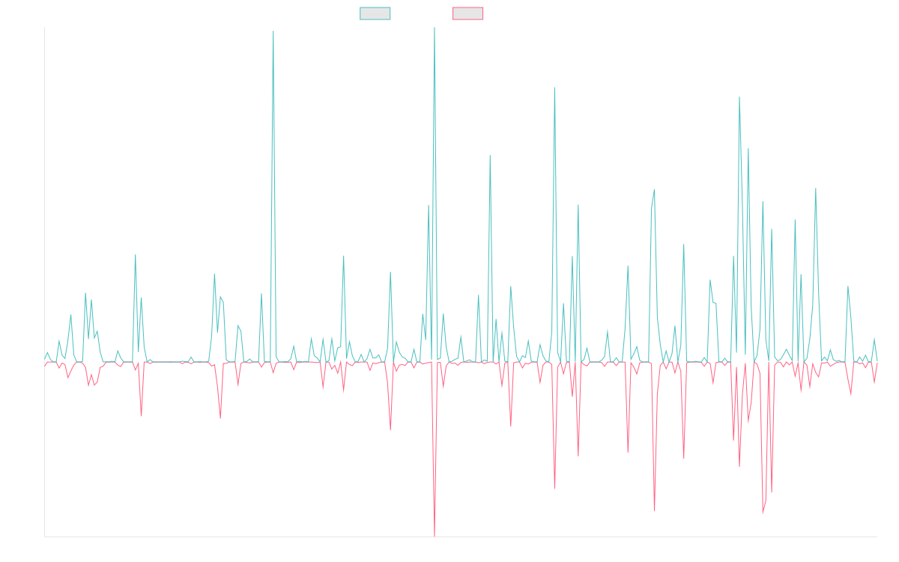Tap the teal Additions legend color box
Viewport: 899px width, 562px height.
pos(375,13)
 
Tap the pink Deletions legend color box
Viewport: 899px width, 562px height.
pos(468,13)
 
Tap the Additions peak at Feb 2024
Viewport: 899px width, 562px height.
pos(554,89)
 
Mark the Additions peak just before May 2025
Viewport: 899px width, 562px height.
pos(739,97)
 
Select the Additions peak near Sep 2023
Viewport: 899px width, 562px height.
pos(490,157)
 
